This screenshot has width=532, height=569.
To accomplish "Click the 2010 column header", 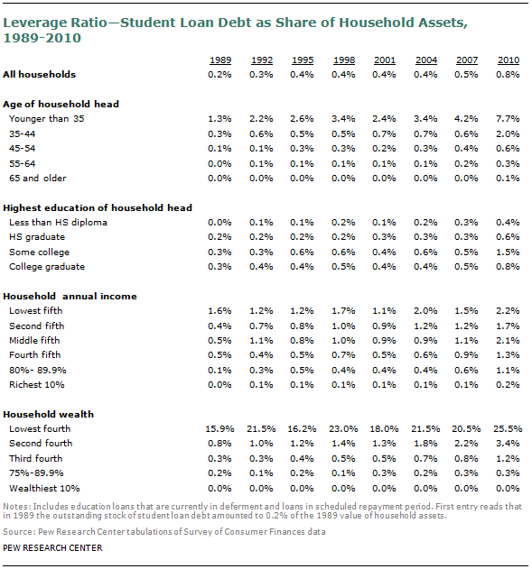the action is tap(509, 60).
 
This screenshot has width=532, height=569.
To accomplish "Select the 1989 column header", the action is tap(220, 60).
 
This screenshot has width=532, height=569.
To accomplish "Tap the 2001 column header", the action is tap(385, 60).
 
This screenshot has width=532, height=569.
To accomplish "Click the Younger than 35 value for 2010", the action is tap(508, 119).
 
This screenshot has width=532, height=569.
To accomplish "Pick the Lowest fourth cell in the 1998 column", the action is tap(343, 429).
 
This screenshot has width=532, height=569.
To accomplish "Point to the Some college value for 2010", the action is tap(508, 252).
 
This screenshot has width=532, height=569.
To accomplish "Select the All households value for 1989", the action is tap(219, 75).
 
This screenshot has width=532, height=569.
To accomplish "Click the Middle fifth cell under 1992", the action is tap(261, 341).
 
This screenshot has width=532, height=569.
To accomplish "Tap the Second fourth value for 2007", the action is tap(466, 444).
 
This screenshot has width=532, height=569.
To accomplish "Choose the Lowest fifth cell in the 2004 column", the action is tap(425, 311).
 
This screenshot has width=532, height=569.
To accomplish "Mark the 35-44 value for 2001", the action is tap(384, 133).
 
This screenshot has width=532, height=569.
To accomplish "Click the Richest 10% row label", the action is tap(37, 385).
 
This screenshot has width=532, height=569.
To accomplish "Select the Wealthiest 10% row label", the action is tap(44, 489).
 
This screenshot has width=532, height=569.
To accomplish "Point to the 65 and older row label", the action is tap(38, 179).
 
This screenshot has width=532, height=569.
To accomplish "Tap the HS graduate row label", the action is tap(37, 237).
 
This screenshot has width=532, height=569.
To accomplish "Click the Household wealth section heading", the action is tap(49, 415).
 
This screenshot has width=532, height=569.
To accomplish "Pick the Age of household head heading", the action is tap(61, 105).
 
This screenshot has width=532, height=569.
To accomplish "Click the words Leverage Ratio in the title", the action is tap(55, 23).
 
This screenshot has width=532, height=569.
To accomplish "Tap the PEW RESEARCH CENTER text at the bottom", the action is tap(52, 548).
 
